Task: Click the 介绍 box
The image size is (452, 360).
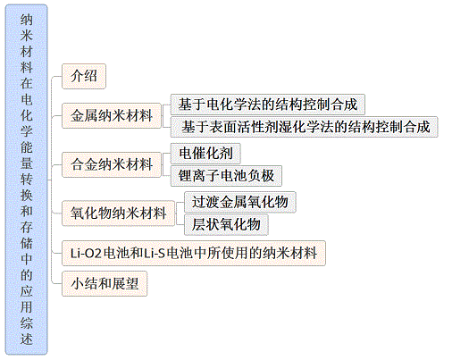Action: (84, 76)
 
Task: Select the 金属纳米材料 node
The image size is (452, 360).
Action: (112, 115)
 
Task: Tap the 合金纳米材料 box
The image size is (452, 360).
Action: (112, 164)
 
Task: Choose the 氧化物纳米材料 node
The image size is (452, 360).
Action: (118, 213)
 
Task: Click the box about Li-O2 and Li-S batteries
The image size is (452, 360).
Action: (194, 253)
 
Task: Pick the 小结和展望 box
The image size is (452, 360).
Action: (105, 283)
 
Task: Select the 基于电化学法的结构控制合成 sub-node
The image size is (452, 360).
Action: (268, 105)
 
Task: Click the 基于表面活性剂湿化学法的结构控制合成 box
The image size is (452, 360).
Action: (304, 127)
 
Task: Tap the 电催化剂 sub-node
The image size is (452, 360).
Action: (205, 154)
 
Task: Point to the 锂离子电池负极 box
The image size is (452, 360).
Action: (226, 176)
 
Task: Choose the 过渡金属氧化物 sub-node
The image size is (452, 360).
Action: (240, 202)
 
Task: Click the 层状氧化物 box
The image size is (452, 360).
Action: (226, 224)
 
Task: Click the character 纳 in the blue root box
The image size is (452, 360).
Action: (27, 20)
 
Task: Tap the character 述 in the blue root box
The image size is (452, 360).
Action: (27, 339)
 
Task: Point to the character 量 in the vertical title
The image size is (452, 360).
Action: (27, 163)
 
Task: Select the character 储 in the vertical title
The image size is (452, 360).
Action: (27, 243)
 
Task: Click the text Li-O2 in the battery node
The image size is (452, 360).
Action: (87, 254)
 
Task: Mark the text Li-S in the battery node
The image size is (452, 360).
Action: (155, 254)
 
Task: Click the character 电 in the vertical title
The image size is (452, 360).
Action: (27, 99)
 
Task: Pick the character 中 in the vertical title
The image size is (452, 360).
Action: (27, 259)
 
